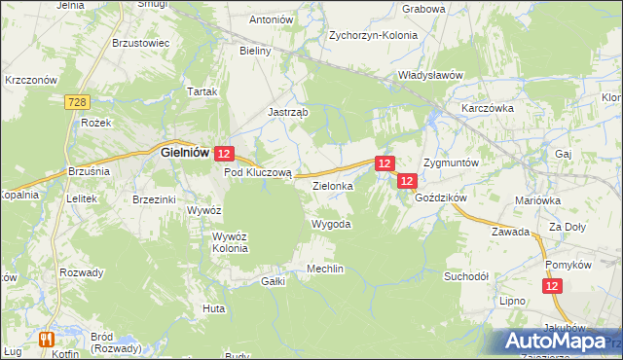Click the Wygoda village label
330,224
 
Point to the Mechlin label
325,269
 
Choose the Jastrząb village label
288,112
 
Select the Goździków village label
442,197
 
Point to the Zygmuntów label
451,162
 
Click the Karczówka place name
488,108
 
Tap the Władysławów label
429,74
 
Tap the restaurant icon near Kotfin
45,339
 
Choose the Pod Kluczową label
258,172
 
